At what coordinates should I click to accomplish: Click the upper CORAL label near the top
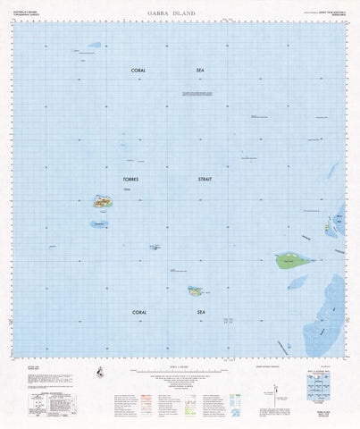(x=138, y=70)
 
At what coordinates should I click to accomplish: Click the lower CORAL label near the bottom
(x=138, y=311)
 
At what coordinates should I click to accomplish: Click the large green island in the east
(x=293, y=261)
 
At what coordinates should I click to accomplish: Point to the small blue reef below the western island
(x=97, y=224)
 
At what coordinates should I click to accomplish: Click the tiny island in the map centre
(x=155, y=248)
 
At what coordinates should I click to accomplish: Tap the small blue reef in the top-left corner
(x=94, y=44)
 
